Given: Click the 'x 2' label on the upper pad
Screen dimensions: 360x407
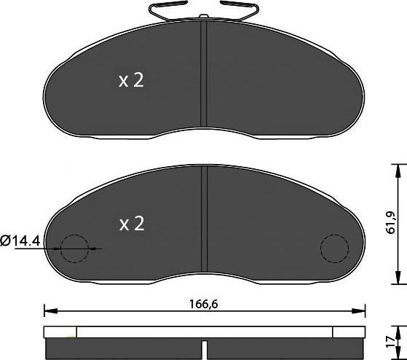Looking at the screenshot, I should tap(131, 81).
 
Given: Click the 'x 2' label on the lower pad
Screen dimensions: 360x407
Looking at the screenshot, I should tap(131, 224).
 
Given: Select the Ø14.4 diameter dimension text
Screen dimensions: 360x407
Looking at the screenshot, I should tap(30, 238).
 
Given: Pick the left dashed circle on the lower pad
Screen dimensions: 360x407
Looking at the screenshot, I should tap(74, 249).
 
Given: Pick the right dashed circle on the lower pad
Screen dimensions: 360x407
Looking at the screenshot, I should tap(336, 249).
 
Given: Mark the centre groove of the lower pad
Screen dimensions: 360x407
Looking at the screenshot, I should tap(205, 219).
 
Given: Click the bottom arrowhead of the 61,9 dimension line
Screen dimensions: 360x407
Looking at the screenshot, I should tap(397, 278).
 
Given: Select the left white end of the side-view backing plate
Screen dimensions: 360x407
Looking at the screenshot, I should tap(60, 332).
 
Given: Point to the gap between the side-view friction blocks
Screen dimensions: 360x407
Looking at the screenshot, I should tap(205, 350).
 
